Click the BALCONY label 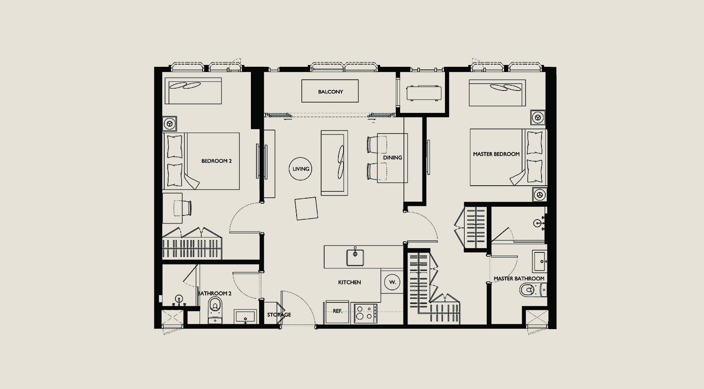click(x=330, y=92)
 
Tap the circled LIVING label click(x=301, y=169)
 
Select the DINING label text click(x=392, y=158)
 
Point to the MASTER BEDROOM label click(x=496, y=154)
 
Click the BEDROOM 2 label click(x=216, y=161)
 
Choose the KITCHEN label click(x=350, y=282)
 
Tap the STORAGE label click(x=279, y=314)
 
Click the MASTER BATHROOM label click(x=519, y=278)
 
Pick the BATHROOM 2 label click(x=214, y=293)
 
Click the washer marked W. click(x=393, y=282)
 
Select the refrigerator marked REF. click(x=337, y=312)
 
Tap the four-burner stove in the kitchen click(x=366, y=313)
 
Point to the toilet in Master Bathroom click(x=533, y=290)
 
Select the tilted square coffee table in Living click(x=306, y=209)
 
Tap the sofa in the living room click(x=334, y=163)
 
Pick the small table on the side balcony click(x=424, y=93)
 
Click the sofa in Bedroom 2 click(x=193, y=91)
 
